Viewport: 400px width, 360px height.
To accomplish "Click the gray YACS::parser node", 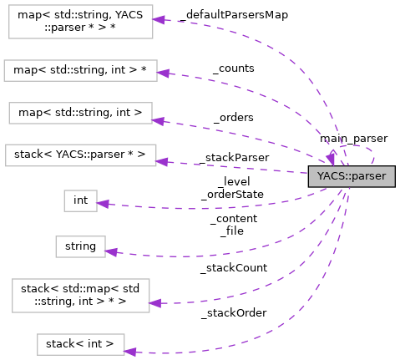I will point(351,176).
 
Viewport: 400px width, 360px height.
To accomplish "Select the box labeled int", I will point(81,200).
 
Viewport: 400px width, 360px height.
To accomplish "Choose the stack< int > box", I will point(80,343).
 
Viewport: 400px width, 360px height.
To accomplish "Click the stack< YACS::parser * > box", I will point(80,155).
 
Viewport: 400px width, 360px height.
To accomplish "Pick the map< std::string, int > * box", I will point(80,70).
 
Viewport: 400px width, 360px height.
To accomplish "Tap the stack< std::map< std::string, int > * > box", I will point(80,297).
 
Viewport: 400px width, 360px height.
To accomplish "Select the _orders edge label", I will point(233,117).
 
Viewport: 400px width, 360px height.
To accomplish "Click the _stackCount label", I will point(233,268).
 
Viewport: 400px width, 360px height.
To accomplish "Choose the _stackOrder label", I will point(233,312).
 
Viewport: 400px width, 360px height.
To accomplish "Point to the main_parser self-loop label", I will point(352,138).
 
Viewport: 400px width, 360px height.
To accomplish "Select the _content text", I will point(233,219).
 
